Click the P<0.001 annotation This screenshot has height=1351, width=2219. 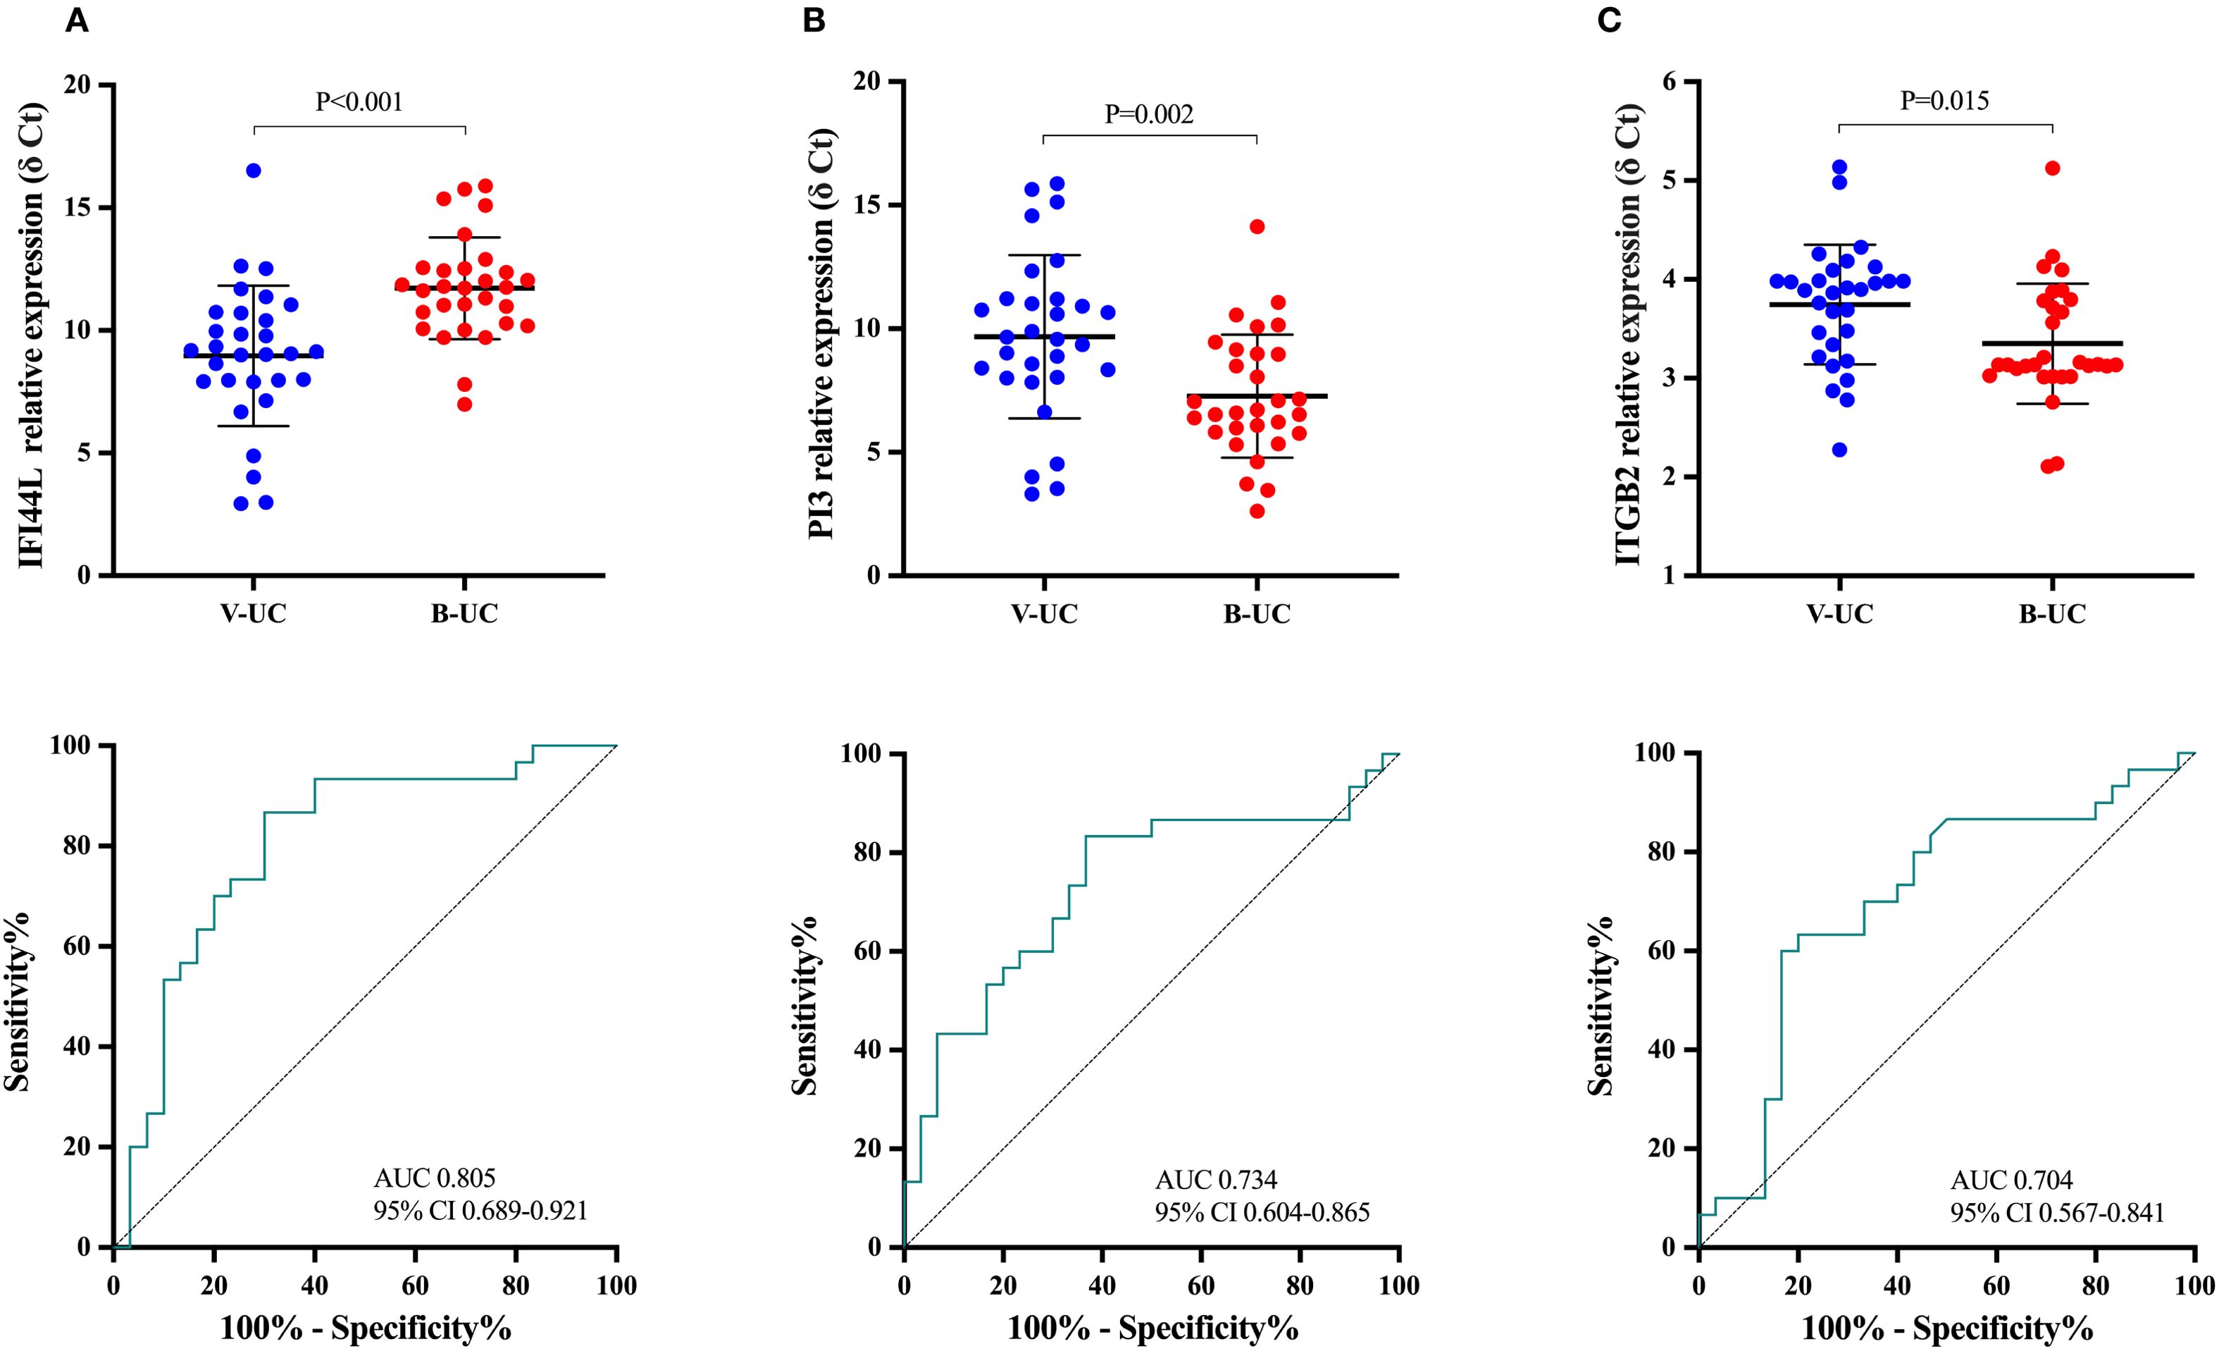click(359, 101)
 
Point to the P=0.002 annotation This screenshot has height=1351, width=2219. click(1149, 113)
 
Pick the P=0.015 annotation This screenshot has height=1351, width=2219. click(1944, 101)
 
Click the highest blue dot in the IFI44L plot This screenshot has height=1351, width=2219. click(254, 171)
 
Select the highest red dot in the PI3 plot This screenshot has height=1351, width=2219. click(1257, 227)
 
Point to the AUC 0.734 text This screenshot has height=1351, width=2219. click(1216, 1179)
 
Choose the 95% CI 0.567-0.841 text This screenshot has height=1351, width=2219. click(2057, 1212)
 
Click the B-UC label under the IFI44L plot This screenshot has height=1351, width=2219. click(465, 615)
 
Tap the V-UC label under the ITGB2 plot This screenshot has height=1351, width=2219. click(1839, 615)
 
